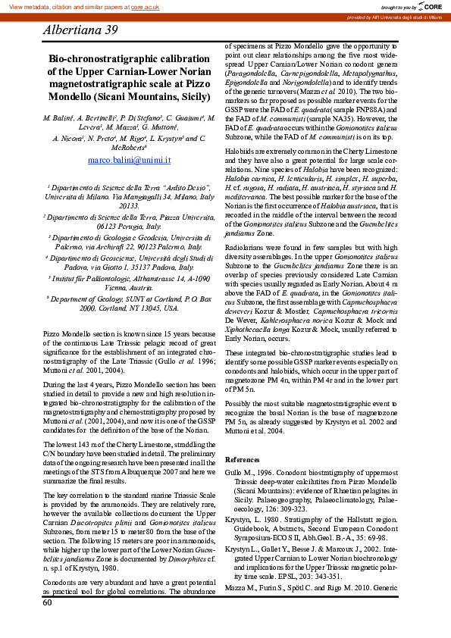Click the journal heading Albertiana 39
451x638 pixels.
tap(80, 30)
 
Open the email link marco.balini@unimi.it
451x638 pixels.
tap(129, 161)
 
